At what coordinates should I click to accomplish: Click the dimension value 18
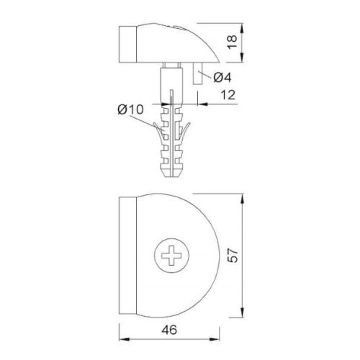[233, 42]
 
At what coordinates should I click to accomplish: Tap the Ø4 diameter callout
[222, 78]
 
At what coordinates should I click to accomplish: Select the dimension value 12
[228, 95]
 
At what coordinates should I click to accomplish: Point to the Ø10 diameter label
[131, 109]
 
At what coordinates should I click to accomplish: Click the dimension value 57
[233, 256]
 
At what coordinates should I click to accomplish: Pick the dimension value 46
[169, 330]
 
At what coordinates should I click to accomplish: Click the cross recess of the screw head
[171, 256]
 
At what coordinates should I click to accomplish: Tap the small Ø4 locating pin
[198, 73]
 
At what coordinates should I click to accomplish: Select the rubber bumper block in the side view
[128, 44]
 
